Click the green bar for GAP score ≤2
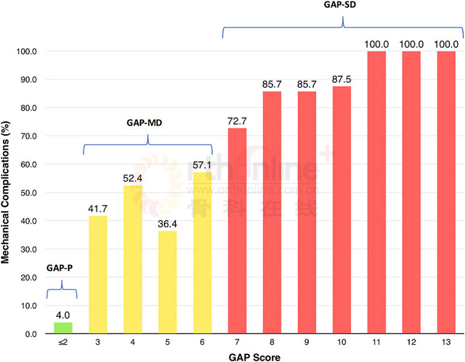pyautogui.click(x=63, y=328)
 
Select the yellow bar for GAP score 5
pyautogui.click(x=168, y=282)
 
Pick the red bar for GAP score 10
pyautogui.click(x=342, y=210)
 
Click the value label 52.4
pyautogui.click(x=133, y=178)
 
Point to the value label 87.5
pyautogui.click(x=342, y=79)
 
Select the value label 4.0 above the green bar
pyautogui.click(x=63, y=315)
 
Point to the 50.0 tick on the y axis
pyautogui.click(x=28, y=193)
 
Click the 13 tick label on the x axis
pyautogui.click(x=446, y=344)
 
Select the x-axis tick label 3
pyautogui.click(x=98, y=344)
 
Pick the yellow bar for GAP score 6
pyautogui.click(x=202, y=253)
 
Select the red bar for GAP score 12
pyautogui.click(x=411, y=193)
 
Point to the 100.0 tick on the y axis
pyautogui.click(x=27, y=51)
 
